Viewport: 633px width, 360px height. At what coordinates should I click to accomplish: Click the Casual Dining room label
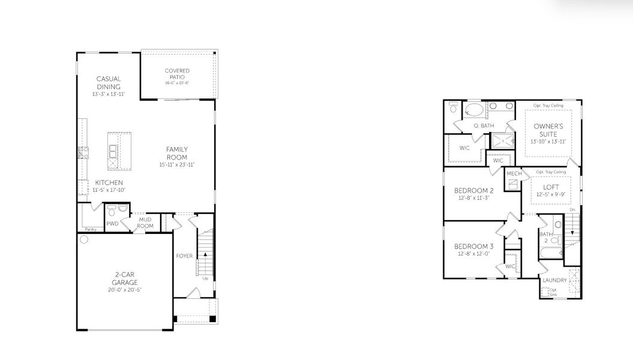tap(108, 83)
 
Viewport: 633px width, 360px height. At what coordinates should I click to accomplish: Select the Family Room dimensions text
tap(177, 164)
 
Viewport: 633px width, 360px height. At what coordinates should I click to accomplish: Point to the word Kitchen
tap(109, 182)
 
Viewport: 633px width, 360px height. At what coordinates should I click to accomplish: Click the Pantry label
tap(91, 229)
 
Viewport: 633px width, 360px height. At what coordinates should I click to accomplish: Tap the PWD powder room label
tap(112, 224)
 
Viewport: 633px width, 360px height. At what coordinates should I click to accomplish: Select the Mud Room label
tap(146, 223)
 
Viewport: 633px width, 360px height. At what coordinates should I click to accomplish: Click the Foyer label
tap(184, 256)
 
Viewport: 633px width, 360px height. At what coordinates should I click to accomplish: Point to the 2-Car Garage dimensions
tap(125, 290)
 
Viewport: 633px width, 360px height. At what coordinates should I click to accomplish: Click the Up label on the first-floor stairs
tap(205, 278)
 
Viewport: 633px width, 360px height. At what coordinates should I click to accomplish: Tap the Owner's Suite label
tap(548, 130)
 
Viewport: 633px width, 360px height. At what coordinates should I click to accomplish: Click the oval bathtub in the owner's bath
tap(475, 111)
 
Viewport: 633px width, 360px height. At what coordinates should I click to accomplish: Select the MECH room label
tap(514, 174)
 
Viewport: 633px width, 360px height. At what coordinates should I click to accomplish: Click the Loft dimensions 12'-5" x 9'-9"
tap(551, 194)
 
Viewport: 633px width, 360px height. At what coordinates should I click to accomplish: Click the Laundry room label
tap(554, 280)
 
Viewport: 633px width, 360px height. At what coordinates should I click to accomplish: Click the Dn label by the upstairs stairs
tap(572, 209)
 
